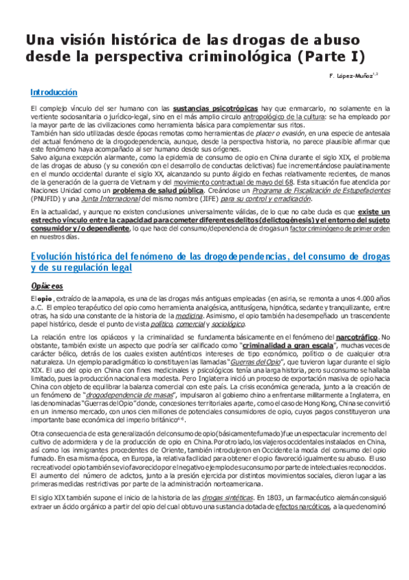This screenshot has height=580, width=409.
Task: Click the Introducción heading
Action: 54,92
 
